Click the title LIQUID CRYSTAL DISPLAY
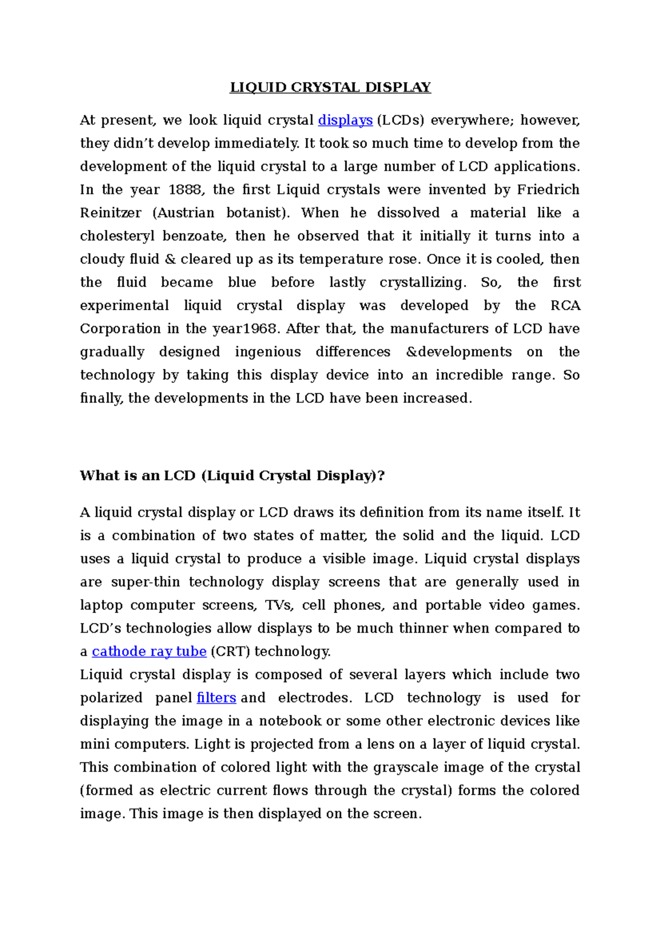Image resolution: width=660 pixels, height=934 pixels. tap(330, 87)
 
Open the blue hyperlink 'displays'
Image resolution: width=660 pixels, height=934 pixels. tap(345, 120)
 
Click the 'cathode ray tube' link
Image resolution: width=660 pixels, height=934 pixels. tap(149, 651)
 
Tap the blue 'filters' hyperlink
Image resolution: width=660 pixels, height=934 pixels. tap(216, 697)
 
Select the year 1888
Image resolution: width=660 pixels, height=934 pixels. tap(186, 190)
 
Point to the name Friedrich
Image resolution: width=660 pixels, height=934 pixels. tap(548, 190)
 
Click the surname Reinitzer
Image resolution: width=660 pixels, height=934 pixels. tap(111, 213)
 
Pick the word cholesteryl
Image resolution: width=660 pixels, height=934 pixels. tap(114, 237)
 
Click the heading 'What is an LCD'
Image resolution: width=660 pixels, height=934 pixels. tap(232, 475)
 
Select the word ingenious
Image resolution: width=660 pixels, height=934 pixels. tap(267, 352)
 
